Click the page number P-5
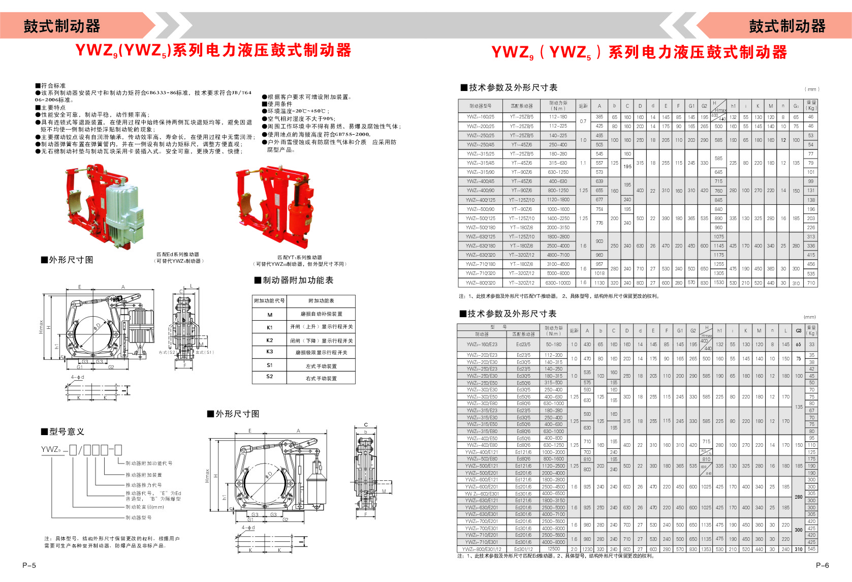[29, 565]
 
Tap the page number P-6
[823, 565]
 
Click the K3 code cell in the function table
[269, 352]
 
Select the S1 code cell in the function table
[269, 365]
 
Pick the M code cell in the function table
[269, 315]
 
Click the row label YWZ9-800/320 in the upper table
[480, 283]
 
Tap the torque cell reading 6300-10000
[558, 283]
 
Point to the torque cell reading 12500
[554, 549]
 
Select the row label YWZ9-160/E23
[482, 345]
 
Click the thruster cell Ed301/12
[523, 549]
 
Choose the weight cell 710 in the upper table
[811, 283]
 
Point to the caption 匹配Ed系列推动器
[178, 254]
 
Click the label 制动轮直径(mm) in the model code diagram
[145, 507]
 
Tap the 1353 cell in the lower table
[706, 549]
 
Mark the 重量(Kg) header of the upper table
[811, 105]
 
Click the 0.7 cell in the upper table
[583, 121]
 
